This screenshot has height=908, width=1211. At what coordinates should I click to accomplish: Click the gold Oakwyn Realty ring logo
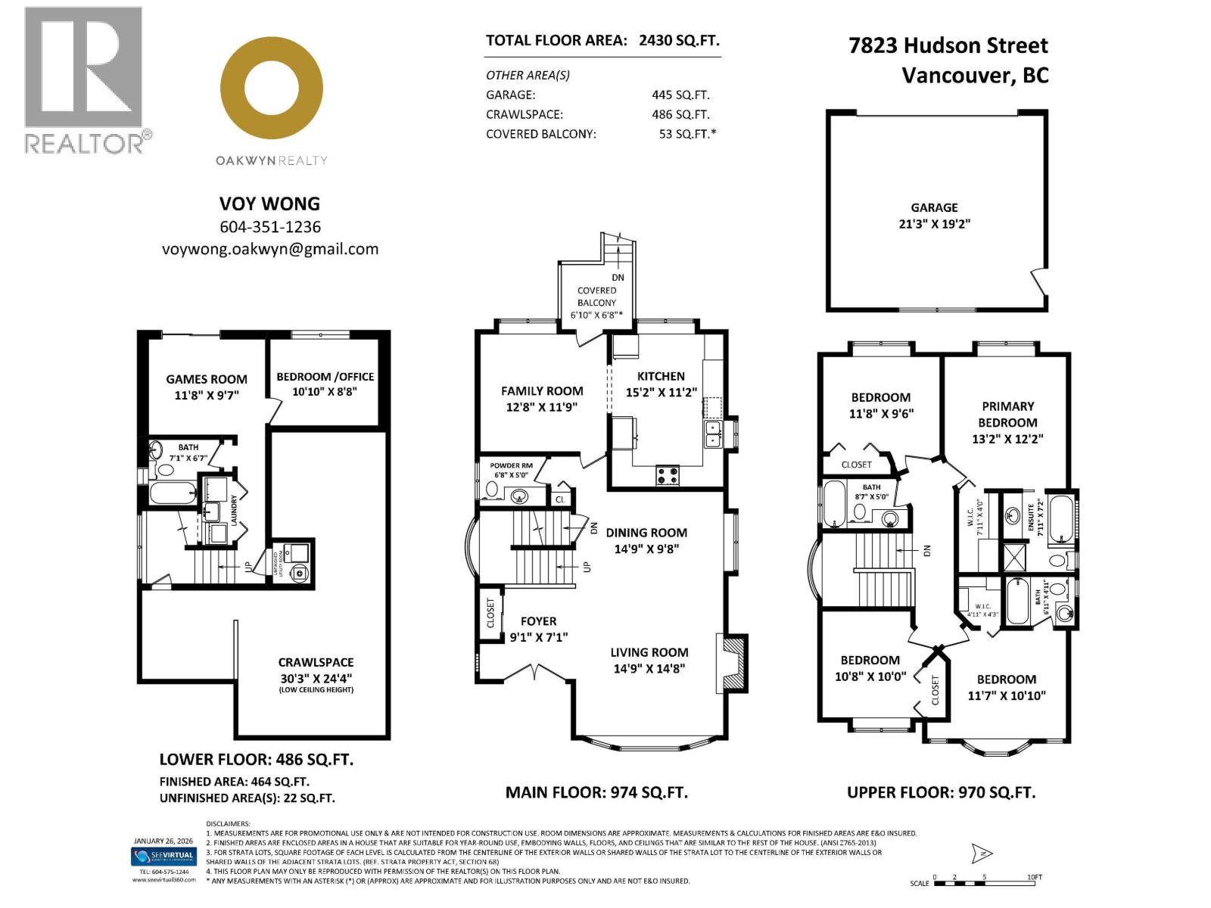click(x=272, y=88)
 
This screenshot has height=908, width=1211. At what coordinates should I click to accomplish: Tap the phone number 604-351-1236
click(x=270, y=227)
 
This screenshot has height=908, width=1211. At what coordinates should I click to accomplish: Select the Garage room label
click(x=934, y=207)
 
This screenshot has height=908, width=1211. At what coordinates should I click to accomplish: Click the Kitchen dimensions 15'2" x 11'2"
click(x=661, y=392)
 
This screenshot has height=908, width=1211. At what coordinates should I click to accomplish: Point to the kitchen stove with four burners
click(x=667, y=476)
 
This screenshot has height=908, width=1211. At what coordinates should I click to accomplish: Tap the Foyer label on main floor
click(x=538, y=621)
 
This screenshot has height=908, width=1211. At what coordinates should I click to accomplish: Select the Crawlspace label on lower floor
click(x=316, y=662)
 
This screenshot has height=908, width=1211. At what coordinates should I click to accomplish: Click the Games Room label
click(x=207, y=379)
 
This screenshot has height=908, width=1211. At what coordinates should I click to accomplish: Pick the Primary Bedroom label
click(x=1007, y=414)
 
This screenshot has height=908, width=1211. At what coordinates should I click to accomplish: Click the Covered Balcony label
click(x=596, y=296)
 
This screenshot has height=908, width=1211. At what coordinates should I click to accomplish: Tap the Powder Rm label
click(x=511, y=466)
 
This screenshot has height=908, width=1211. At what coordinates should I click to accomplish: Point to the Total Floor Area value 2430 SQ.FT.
click(x=679, y=41)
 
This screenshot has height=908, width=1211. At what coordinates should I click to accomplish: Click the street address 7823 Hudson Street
click(x=948, y=45)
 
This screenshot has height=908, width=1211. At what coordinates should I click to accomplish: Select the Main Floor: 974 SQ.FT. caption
click(x=596, y=792)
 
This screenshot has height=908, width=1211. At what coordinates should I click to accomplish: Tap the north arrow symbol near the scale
click(x=982, y=854)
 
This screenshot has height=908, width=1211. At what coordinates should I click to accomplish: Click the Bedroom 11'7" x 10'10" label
click(x=1006, y=687)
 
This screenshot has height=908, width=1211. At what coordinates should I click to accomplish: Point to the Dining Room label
click(x=646, y=533)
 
